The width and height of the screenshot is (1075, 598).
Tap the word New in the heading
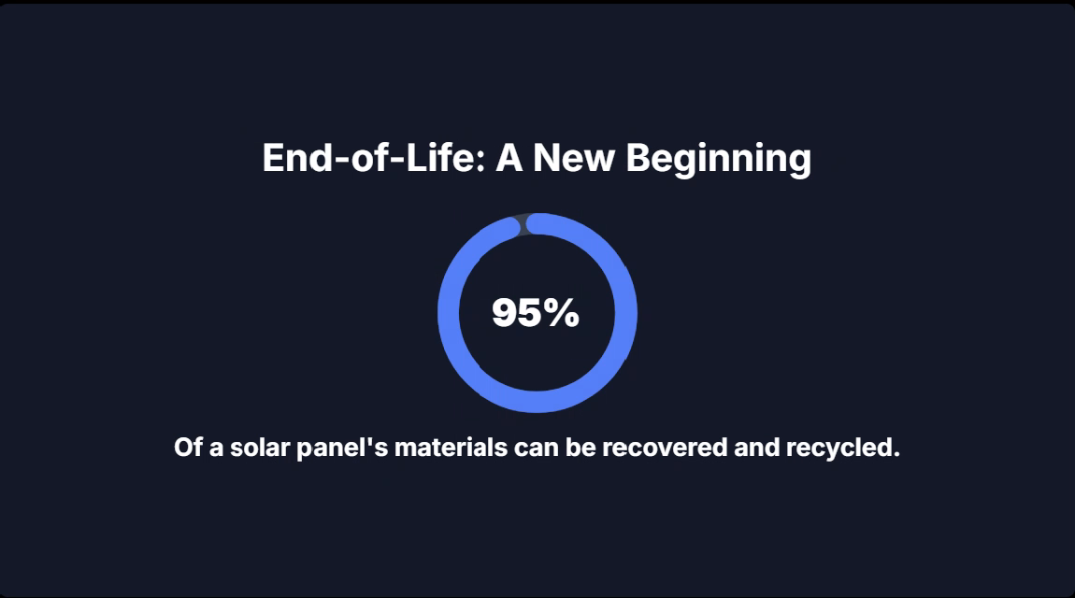pyautogui.click(x=574, y=158)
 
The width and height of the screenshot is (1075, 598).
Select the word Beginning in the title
pyautogui.click(x=719, y=161)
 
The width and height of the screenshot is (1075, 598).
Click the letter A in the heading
pyautogui.click(x=509, y=158)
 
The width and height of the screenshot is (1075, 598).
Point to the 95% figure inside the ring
pyautogui.click(x=536, y=312)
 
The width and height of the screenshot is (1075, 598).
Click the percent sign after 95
pyautogui.click(x=563, y=312)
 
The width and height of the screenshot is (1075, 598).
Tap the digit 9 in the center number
pyautogui.click(x=505, y=312)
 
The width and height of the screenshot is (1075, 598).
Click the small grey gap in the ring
pyautogui.click(x=523, y=224)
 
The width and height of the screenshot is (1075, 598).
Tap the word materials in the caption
pyautogui.click(x=451, y=448)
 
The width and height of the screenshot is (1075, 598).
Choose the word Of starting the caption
pyautogui.click(x=189, y=448)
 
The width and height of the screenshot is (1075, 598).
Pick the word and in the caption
pyautogui.click(x=756, y=448)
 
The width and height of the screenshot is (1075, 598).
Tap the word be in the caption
pyautogui.click(x=580, y=448)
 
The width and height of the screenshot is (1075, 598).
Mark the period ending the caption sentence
pyautogui.click(x=896, y=456)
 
